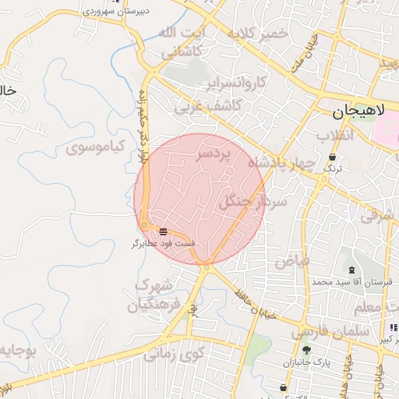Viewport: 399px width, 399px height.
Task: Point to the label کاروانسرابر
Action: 238,83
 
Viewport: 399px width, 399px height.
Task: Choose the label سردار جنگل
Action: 254,201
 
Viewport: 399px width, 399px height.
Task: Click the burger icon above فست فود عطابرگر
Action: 163,231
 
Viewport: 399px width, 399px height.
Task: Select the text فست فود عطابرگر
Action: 163,243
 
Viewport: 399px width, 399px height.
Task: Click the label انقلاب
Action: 336,135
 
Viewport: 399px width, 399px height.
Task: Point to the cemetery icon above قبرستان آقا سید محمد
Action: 351,270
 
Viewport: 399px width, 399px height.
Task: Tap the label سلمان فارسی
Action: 321,333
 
